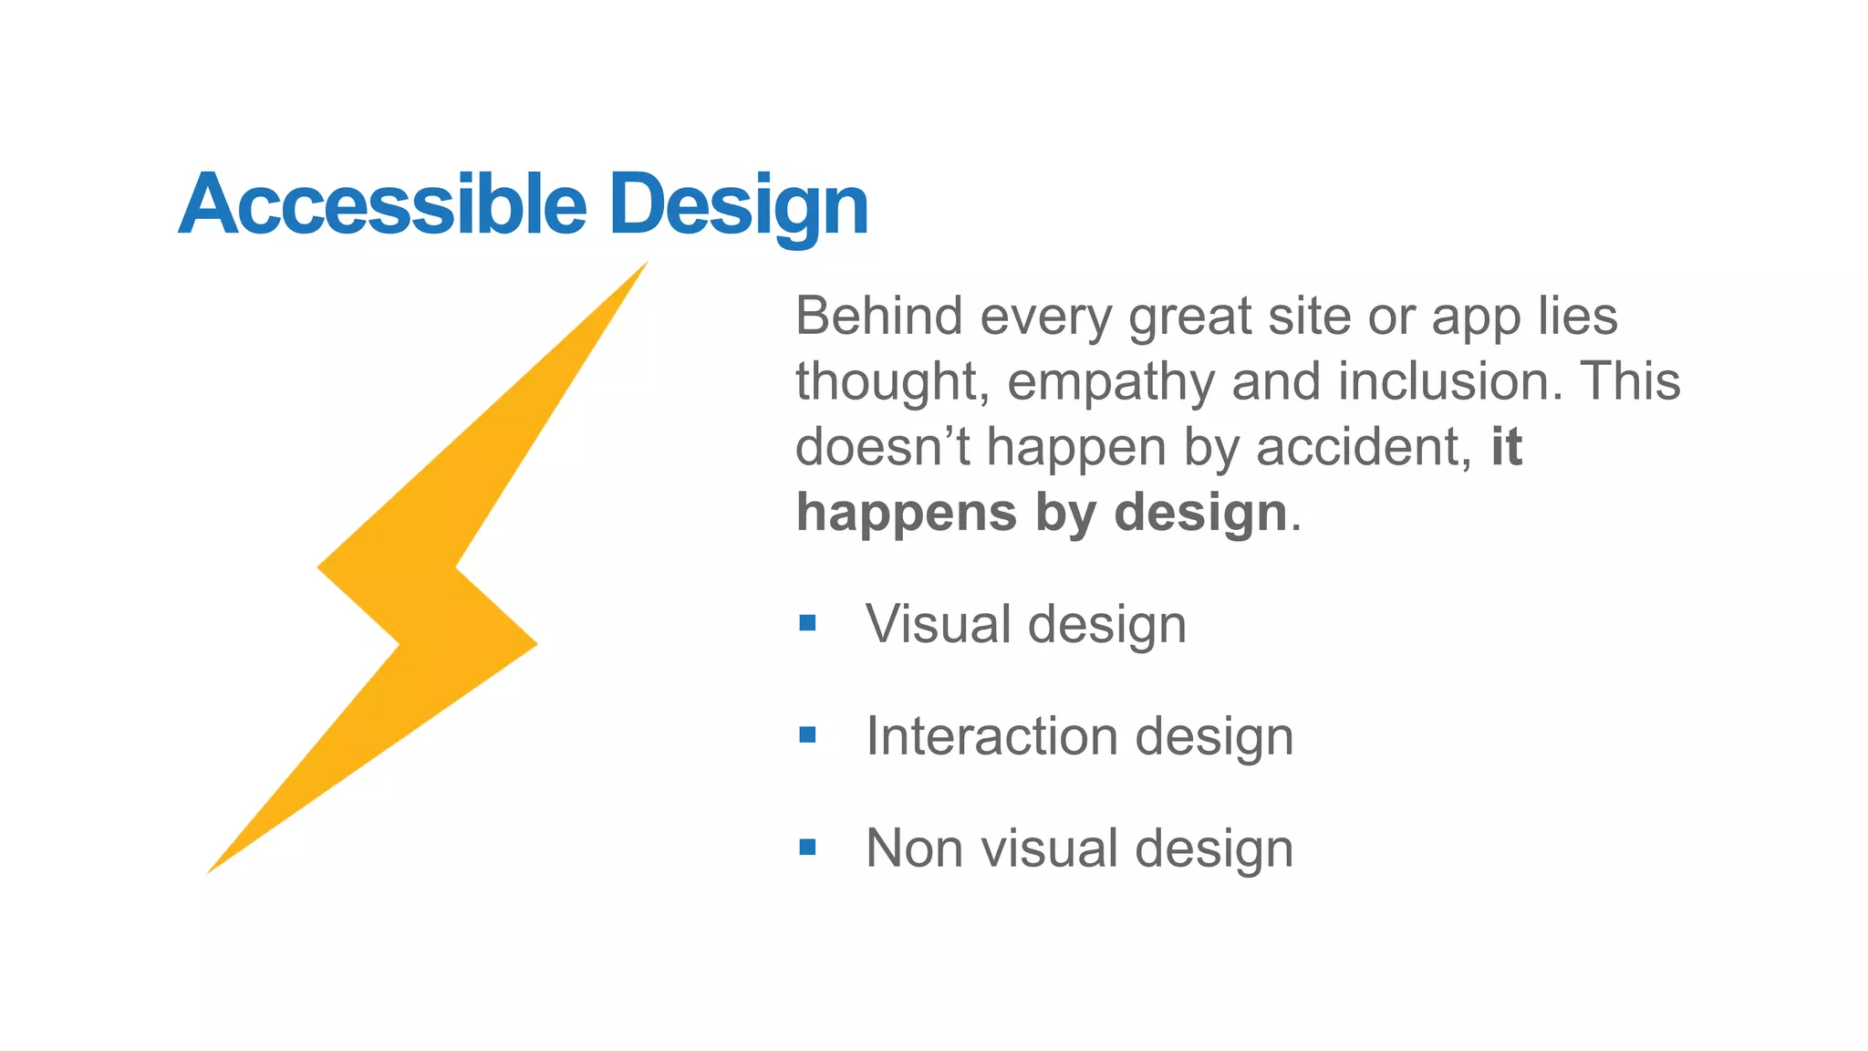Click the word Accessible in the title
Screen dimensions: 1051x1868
382,204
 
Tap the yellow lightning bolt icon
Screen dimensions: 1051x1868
429,584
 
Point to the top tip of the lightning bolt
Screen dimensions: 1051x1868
644,265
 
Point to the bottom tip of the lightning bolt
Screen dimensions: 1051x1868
211,870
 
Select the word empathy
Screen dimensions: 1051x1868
1111,383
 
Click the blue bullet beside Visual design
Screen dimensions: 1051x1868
807,623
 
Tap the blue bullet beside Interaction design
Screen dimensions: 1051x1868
807,734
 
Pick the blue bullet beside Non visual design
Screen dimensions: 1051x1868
807,848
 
